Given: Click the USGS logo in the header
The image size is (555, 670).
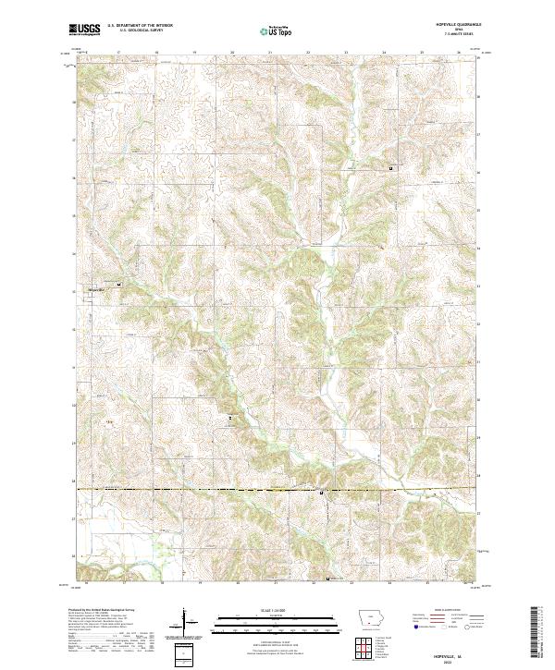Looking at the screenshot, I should coord(85,30).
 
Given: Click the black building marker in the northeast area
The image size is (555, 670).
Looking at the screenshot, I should coord(391,169).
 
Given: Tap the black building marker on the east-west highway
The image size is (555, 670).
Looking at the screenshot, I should coord(320,493).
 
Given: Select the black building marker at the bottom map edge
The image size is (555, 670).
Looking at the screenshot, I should coord(330,579).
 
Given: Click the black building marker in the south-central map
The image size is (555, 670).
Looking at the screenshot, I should coord(230,419).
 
